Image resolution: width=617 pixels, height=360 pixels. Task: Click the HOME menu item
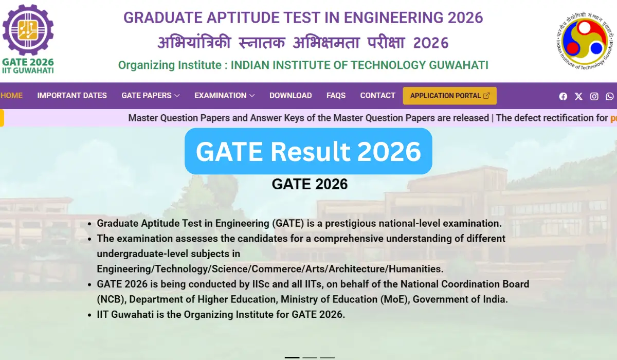(x=11, y=96)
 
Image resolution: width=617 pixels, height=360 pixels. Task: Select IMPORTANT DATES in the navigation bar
(x=72, y=96)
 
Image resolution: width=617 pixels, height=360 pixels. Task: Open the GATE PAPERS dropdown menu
(x=150, y=96)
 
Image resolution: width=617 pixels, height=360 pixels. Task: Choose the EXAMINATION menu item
(x=224, y=96)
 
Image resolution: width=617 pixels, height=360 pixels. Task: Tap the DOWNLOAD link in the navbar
(x=291, y=96)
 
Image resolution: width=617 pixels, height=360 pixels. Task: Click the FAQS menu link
(x=336, y=96)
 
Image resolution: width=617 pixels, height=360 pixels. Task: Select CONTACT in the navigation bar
(x=377, y=96)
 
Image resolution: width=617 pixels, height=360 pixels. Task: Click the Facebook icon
(x=563, y=96)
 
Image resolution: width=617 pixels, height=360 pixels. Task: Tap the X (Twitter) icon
(x=578, y=96)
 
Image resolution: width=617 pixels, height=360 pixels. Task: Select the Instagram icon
(x=594, y=96)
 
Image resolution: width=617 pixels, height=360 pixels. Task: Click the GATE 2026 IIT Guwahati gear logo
(x=28, y=39)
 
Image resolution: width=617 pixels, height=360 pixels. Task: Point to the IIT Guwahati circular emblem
(x=585, y=40)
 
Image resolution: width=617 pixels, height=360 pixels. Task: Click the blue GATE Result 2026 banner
(x=308, y=151)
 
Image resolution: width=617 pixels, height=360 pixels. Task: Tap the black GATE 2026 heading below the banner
(x=310, y=184)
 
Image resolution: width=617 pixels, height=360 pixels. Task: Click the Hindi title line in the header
(x=303, y=43)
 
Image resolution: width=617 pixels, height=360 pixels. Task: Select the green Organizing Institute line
(x=303, y=65)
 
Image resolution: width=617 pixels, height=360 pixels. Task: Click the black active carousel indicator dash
(x=292, y=357)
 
